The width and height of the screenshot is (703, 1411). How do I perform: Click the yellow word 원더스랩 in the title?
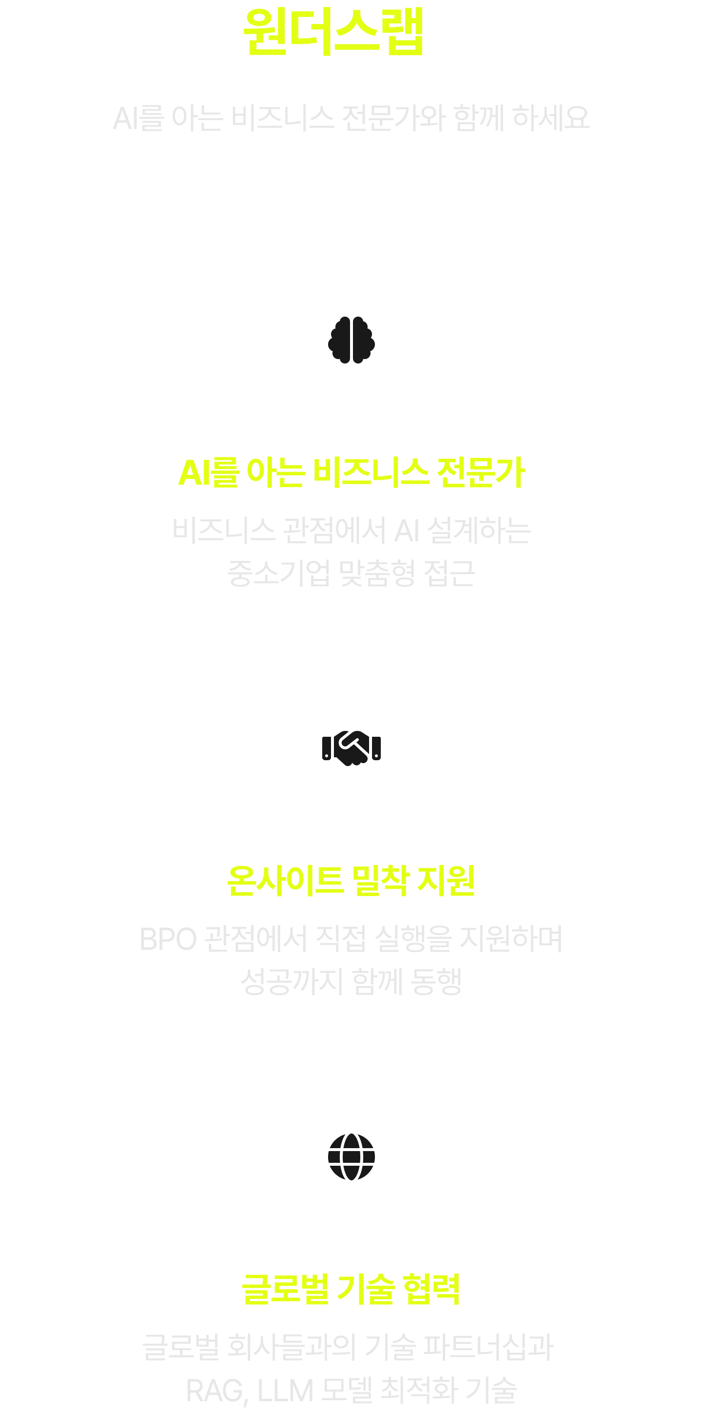[333, 32]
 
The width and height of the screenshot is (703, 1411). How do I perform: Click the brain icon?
[351, 340]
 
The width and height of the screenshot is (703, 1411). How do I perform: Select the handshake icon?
[351, 748]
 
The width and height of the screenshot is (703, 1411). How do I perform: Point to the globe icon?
[351, 1157]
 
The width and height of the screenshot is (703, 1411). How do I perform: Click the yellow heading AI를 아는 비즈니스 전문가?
[351, 472]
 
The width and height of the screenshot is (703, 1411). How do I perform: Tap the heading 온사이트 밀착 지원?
[351, 881]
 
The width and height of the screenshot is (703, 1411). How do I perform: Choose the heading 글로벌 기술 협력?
[351, 1289]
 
